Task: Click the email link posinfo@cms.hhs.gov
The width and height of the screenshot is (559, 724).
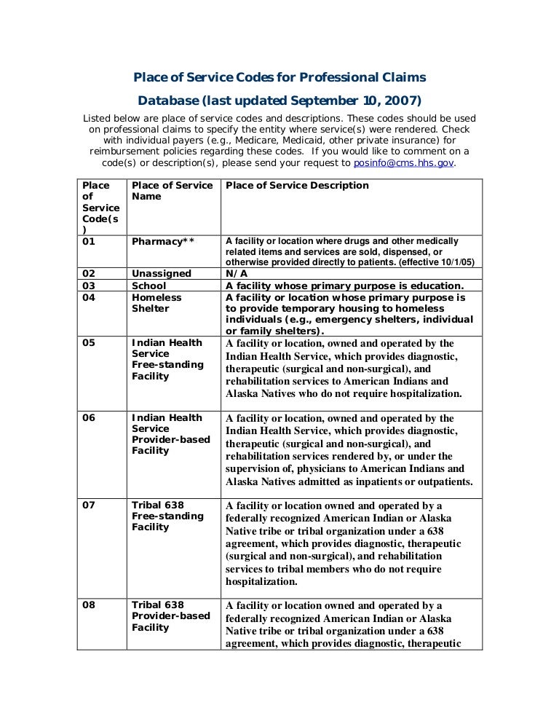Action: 403,164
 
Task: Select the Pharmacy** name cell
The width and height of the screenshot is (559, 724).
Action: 162,241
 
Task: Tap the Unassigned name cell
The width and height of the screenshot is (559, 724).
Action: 162,274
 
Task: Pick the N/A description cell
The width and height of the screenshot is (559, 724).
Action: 239,274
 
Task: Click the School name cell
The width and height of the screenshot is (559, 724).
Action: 149,286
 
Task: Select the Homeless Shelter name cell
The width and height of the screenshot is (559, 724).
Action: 156,303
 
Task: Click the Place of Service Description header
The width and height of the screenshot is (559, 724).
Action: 297,186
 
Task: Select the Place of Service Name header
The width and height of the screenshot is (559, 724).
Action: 172,191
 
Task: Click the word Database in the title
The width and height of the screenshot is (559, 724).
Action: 169,99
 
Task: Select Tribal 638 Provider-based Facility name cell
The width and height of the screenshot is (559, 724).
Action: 170,616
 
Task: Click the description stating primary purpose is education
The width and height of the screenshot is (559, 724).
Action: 344,286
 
